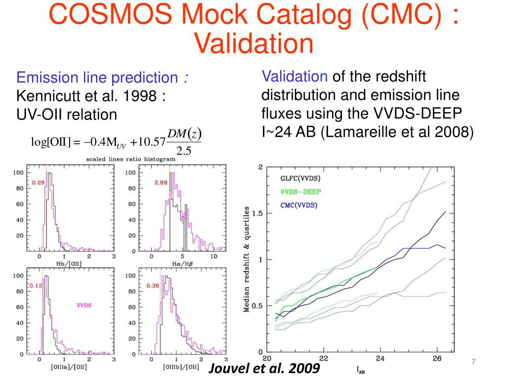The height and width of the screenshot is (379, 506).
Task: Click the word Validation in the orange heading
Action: point(253,43)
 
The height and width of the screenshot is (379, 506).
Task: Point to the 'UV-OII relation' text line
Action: point(67,114)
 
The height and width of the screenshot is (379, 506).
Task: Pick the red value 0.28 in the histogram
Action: point(38,183)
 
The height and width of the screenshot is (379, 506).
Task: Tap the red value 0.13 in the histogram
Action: point(36,286)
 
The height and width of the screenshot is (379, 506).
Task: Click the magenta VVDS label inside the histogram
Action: point(84,305)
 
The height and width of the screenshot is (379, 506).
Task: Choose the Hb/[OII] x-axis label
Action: point(70,264)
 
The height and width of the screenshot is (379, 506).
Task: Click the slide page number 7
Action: point(473,363)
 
